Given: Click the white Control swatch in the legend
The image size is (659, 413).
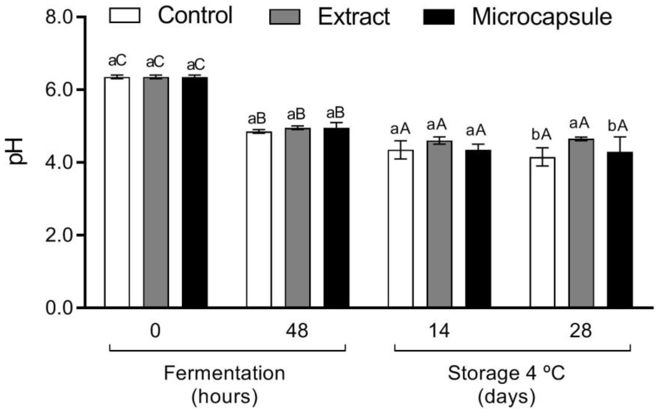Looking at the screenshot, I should point(125,15).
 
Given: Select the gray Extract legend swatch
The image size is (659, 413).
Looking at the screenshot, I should point(285,17).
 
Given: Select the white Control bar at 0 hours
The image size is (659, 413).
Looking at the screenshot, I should point(117,191).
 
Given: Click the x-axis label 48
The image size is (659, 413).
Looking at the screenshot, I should point(297,331).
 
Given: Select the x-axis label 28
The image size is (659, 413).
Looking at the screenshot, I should point(581,331).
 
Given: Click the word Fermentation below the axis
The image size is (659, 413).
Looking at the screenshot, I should point(224,373).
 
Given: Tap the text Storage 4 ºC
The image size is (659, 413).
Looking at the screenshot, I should point(506,373).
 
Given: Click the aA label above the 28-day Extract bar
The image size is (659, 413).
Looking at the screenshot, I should point(579,123).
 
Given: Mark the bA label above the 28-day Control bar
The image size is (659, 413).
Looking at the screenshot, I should point(541,135).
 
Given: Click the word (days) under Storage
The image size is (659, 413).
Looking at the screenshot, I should point(506,397).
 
